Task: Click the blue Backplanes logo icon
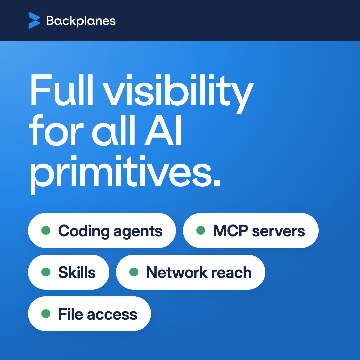point(34,20)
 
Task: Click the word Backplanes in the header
point(81,21)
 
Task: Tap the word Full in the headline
point(62,90)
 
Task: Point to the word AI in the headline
point(163,130)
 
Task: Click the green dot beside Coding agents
point(46,230)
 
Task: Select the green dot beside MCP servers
point(201,230)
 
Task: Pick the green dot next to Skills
point(46,272)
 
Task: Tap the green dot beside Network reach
point(134,272)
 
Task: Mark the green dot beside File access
point(46,314)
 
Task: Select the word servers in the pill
point(278,232)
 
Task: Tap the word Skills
point(77,272)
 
